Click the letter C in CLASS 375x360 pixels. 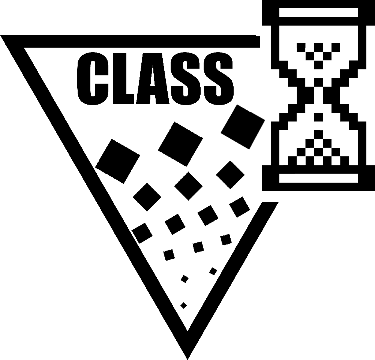point(93,78)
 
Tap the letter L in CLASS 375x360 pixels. point(124,78)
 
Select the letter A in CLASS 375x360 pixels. point(153,78)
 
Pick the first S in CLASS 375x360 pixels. point(186,78)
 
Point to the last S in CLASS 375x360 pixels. point(219,78)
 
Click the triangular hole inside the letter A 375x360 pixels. point(153,76)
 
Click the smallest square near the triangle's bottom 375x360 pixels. point(183,306)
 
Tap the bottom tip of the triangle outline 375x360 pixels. point(187,359)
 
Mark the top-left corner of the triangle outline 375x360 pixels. point(0,35)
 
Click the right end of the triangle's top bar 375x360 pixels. point(260,42)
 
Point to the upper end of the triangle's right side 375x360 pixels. point(270,202)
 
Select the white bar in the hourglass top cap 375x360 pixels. point(318,13)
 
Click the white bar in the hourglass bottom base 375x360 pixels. point(318,178)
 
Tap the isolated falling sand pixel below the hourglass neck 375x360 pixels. point(318,117)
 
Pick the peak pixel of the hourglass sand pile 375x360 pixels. point(318,134)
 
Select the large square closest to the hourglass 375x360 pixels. point(243,127)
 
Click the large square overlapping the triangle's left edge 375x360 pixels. point(117,161)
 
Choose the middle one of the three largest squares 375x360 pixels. point(180,144)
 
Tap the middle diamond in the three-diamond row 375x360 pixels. point(189,186)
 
